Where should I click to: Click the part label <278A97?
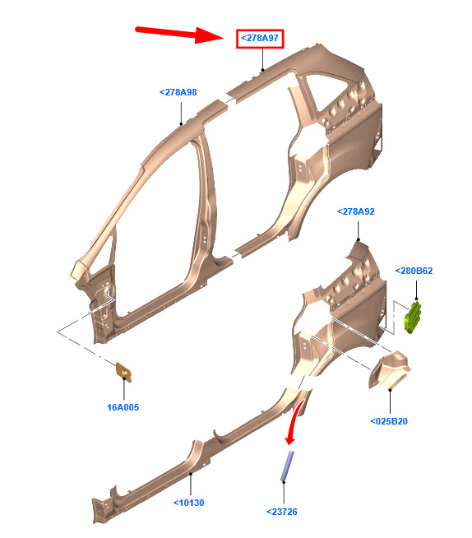coord(260,38)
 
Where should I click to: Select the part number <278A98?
coord(178,92)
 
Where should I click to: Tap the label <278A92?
coord(356,211)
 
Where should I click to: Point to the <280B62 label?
coord(414,271)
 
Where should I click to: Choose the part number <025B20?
coord(389,421)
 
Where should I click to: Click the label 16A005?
coord(123,408)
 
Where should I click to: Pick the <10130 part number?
coord(188,503)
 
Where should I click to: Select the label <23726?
coord(281,512)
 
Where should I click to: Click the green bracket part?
coord(413,318)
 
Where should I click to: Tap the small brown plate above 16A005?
coord(124,373)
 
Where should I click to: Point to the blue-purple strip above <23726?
coord(288,466)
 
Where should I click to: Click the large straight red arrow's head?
coord(209,35)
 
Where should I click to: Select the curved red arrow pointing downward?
coord(295,422)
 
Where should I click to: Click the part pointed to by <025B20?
coord(389,370)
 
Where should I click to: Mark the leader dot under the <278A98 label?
coord(181,124)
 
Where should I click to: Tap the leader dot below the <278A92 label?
coord(359,239)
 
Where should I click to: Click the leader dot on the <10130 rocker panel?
coord(191,474)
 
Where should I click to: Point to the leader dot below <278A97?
coord(263,70)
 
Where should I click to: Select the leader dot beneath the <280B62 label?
coord(416,299)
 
